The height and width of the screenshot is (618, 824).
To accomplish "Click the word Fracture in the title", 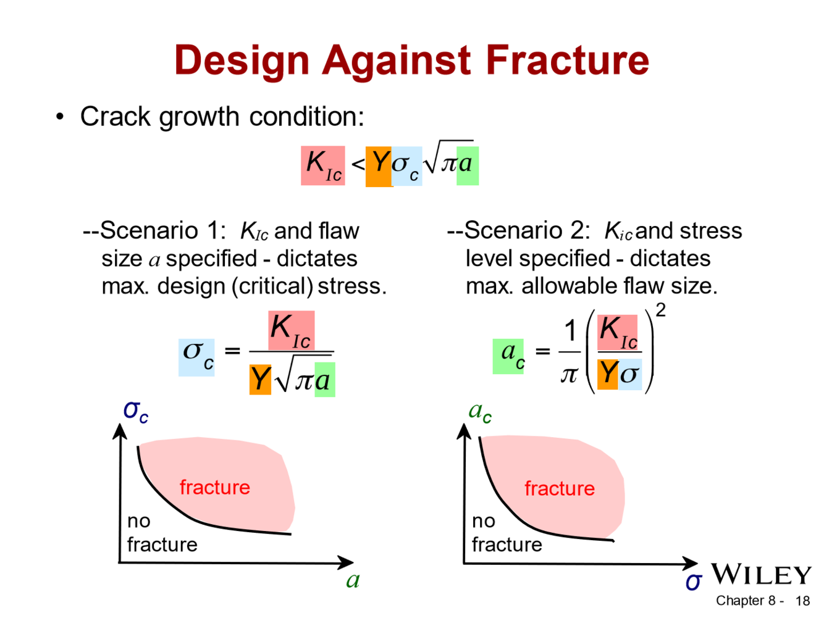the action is (x=567, y=61).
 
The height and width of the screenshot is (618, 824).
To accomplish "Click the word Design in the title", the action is (x=242, y=61).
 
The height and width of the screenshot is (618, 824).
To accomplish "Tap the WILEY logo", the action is (x=761, y=575).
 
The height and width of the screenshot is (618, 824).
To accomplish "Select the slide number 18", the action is (x=802, y=601).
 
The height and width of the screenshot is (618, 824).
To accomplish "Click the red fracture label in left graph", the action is (x=215, y=487).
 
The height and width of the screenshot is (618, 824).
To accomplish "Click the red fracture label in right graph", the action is (x=560, y=488).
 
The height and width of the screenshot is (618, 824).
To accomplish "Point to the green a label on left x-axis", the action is (x=353, y=580).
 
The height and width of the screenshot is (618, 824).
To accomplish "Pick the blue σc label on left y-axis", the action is (x=136, y=411).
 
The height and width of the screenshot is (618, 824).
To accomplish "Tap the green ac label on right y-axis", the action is (x=480, y=411).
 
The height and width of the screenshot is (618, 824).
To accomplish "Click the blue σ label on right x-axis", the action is (x=693, y=581).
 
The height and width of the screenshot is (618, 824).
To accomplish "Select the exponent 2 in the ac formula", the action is (x=660, y=310).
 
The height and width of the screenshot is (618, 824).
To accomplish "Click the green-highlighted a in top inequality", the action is (x=467, y=164).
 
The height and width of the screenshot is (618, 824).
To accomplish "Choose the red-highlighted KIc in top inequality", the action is (x=323, y=165).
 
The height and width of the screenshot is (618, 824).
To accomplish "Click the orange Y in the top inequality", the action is (x=379, y=164).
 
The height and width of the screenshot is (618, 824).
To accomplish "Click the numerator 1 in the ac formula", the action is (x=570, y=331).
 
